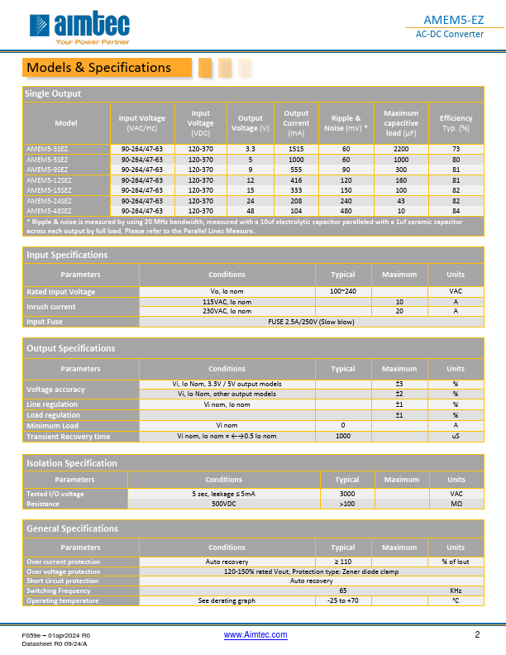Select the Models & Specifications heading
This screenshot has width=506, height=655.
99,68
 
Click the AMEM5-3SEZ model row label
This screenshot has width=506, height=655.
47,149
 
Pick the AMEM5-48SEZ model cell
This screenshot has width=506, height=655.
49,210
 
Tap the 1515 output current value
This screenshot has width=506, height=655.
296,149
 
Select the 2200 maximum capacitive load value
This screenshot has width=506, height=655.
401,149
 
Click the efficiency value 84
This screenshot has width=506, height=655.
456,210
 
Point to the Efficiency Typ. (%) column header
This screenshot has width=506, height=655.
456,123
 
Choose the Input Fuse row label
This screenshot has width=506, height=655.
45,321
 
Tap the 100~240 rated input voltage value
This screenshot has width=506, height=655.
343,291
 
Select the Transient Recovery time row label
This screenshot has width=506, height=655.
68,436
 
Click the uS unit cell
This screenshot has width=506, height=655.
455,436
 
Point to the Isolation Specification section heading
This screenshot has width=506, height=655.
72,463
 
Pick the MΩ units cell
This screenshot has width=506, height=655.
456,504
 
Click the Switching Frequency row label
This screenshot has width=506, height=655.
60,590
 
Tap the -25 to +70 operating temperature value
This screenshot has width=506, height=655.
343,600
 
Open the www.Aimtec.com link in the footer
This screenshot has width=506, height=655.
256,634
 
